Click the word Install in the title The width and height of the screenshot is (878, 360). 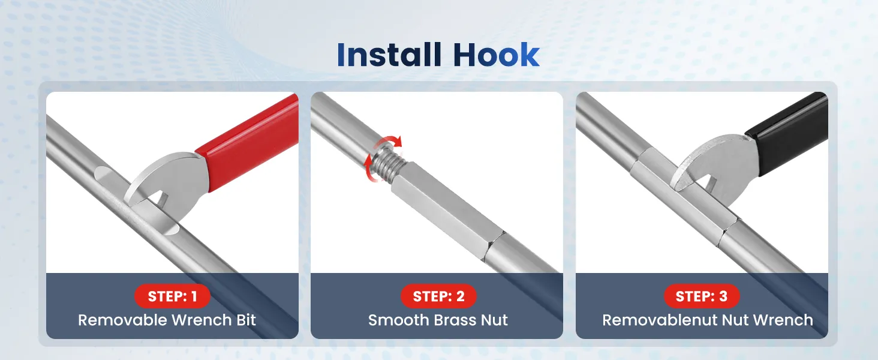[389, 55]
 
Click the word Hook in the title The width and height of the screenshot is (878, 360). [496, 55]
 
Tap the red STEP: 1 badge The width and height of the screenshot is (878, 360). [173, 296]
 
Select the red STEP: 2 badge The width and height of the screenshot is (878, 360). [438, 296]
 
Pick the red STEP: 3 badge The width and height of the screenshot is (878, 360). [702, 296]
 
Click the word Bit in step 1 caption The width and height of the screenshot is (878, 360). [246, 320]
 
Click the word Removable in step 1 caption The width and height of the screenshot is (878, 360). [123, 320]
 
